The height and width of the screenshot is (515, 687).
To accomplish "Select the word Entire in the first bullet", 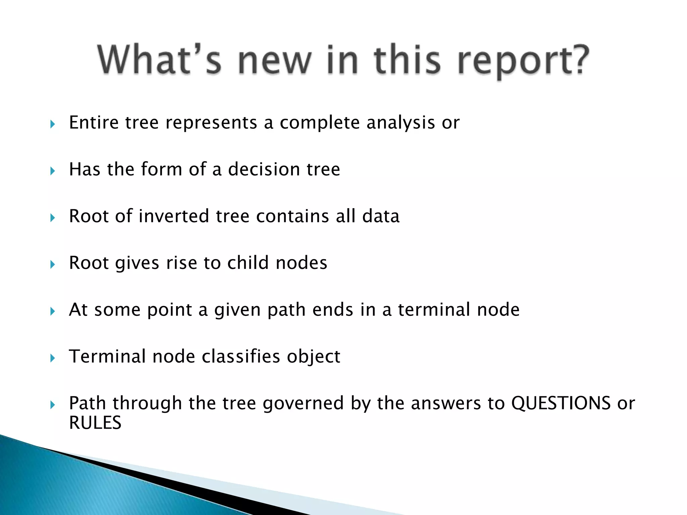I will (94, 122).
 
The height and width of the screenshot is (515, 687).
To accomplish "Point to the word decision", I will (264, 169).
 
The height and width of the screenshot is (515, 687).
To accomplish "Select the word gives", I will (137, 264).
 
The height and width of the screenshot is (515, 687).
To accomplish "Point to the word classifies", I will (241, 356).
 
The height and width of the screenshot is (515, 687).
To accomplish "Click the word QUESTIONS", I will (561, 403).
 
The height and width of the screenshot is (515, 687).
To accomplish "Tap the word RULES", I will (95, 422).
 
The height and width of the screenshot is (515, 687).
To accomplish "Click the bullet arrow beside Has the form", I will (52, 171).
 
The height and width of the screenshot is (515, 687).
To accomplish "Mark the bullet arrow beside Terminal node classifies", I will (52, 358).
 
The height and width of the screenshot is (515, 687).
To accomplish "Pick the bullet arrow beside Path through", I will (52, 405).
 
